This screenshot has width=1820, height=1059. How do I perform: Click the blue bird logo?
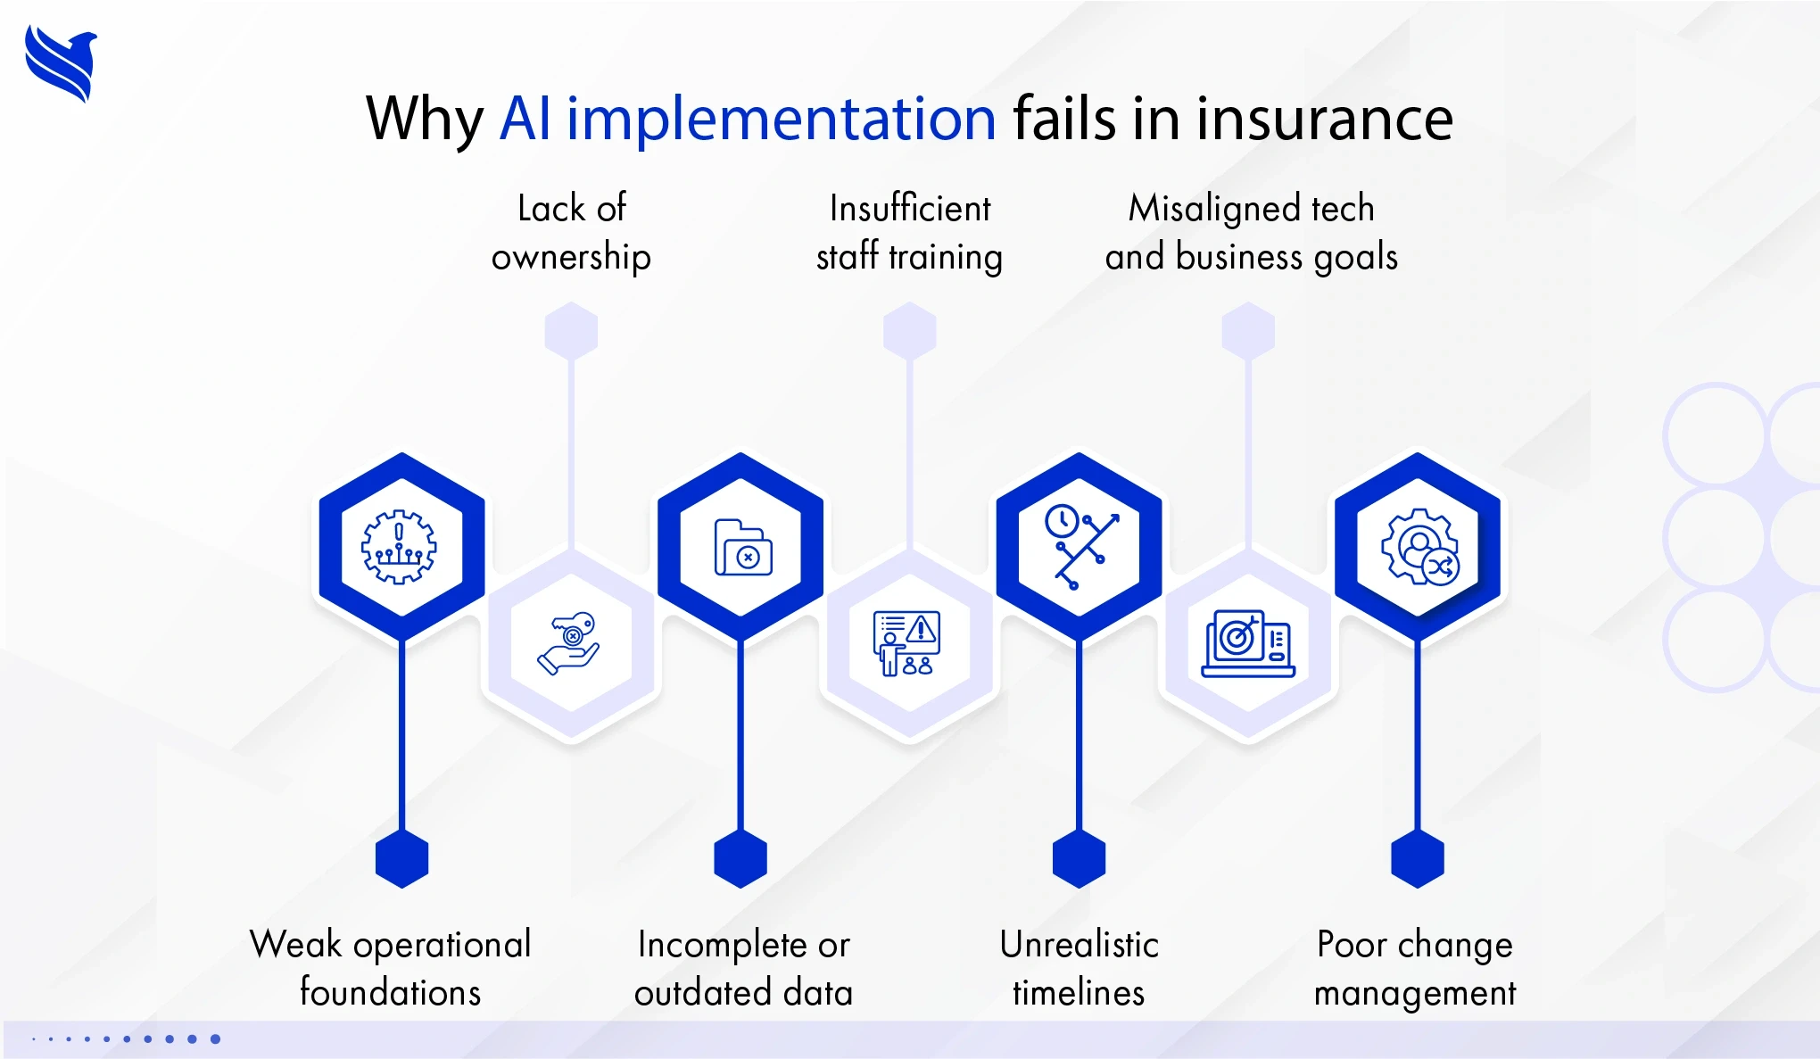pyautogui.click(x=61, y=63)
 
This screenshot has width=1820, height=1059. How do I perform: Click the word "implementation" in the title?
pyautogui.click(x=782, y=120)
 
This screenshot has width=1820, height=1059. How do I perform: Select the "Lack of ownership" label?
pyautogui.click(x=572, y=233)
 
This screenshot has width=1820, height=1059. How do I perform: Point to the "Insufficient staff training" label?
pyautogui.click(x=910, y=233)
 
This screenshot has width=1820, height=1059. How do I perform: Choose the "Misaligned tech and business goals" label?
pyautogui.click(x=1251, y=233)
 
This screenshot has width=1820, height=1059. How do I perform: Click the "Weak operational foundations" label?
pyautogui.click(x=391, y=968)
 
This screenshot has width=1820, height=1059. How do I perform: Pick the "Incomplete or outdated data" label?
pyautogui.click(x=744, y=968)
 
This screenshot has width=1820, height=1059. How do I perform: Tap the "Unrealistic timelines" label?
pyautogui.click(x=1079, y=968)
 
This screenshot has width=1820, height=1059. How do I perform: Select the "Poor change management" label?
pyautogui.click(x=1415, y=968)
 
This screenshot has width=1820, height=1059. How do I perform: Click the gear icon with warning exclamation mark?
pyautogui.click(x=399, y=547)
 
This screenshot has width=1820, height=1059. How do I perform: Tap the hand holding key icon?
pyautogui.click(x=568, y=643)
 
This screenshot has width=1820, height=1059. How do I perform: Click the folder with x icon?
pyautogui.click(x=743, y=548)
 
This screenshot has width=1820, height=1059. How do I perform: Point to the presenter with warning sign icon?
pyautogui.click(x=906, y=643)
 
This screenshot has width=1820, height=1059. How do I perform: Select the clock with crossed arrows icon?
pyautogui.click(x=1081, y=546)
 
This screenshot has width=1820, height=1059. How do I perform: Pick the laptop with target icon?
pyautogui.click(x=1248, y=643)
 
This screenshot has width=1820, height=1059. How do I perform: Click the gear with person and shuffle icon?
pyautogui.click(x=1420, y=547)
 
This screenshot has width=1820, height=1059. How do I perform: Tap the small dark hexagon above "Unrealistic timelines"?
pyautogui.click(x=1079, y=858)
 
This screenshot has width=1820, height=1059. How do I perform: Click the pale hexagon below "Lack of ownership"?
pyautogui.click(x=571, y=332)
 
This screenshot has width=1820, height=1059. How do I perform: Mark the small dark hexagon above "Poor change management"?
pyautogui.click(x=1418, y=858)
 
